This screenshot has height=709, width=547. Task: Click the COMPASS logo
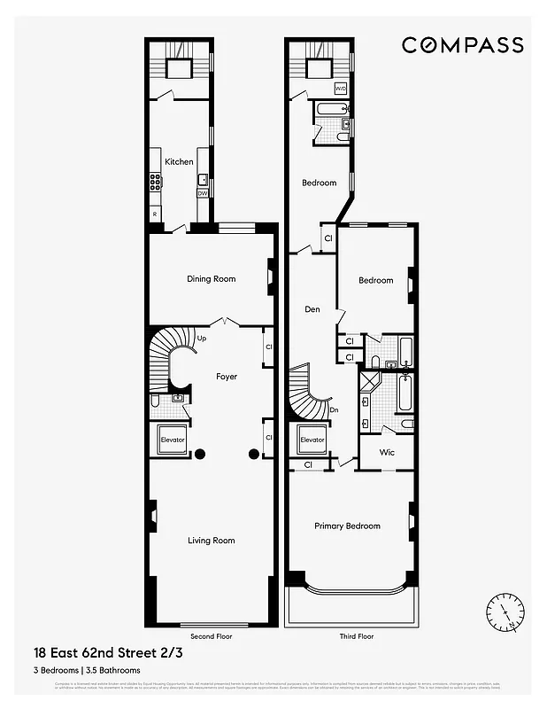462,45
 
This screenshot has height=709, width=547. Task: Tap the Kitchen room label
179,162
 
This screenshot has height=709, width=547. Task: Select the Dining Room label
212,279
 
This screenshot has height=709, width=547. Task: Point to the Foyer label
227,377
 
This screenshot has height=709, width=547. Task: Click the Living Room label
212,540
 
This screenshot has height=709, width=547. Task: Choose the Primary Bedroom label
347,526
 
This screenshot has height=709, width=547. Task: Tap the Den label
312,309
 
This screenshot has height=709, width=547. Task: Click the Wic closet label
387,452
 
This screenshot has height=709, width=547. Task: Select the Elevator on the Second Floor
173,439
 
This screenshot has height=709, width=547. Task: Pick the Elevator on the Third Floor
312,440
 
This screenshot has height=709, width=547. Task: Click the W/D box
341,89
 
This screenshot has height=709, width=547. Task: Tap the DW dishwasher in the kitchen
203,193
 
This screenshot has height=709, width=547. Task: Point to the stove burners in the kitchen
156,183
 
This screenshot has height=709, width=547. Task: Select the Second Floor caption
212,636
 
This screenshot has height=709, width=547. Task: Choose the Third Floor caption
356,636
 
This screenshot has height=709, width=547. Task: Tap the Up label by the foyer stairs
201,339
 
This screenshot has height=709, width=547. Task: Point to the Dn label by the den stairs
333,409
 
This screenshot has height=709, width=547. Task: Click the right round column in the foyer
253,454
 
